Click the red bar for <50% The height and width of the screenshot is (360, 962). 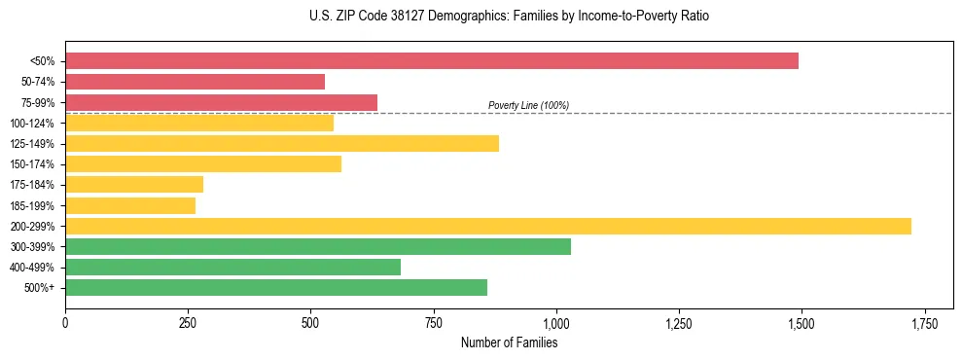(x=432, y=61)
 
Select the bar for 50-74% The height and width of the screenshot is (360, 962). (x=195, y=82)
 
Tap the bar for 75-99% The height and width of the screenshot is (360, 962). (x=221, y=102)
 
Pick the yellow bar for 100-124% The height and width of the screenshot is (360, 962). (x=199, y=123)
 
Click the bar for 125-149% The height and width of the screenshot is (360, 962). (x=282, y=144)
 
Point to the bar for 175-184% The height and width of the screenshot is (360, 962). (x=134, y=185)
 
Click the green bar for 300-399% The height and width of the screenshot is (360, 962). (x=318, y=247)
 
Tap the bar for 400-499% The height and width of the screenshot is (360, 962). (x=232, y=267)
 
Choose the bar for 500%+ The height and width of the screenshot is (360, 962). (x=276, y=288)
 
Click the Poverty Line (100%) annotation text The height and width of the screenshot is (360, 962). (x=528, y=105)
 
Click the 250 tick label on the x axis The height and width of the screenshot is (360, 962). (x=188, y=323)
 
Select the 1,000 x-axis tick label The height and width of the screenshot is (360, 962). (x=555, y=323)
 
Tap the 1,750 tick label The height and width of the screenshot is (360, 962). (x=924, y=323)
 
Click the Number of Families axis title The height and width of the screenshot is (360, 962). (x=509, y=342)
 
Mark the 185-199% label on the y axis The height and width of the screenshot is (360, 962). (x=34, y=206)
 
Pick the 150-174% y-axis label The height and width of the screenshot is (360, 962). (x=34, y=164)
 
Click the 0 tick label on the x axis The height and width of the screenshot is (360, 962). (x=65, y=323)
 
